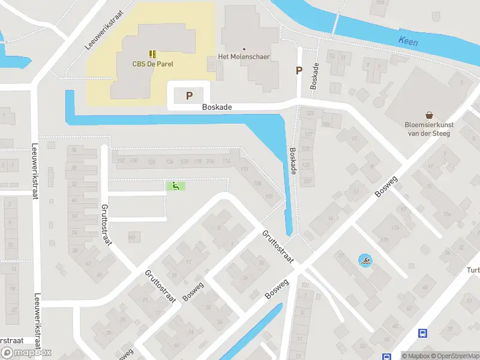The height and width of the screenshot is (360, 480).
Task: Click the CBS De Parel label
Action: point(152,64)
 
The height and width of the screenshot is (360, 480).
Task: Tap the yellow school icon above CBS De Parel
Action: point(152,53)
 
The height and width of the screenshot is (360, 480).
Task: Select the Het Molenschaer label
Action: point(244,57)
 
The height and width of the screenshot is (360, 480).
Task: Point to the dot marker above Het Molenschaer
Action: point(244,49)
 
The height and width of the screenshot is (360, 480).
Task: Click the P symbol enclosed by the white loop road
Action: point(190,95)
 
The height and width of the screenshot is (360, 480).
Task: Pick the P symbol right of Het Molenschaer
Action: point(299,71)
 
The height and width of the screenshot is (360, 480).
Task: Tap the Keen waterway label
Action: point(408,42)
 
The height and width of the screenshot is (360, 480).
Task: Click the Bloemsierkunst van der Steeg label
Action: point(429,129)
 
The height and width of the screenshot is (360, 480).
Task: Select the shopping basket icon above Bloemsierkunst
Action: point(430,115)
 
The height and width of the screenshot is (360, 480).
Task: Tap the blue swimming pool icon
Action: point(365,261)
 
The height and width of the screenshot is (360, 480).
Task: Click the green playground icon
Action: point(175,187)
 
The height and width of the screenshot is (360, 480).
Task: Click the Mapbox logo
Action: point(26,352)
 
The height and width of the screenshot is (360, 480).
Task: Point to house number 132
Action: point(121,161)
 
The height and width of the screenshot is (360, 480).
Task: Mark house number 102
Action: point(269,196)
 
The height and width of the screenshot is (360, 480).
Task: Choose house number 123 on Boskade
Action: point(310,113)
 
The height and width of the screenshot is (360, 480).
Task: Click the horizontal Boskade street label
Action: point(217,107)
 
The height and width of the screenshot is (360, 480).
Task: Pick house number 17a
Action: point(395,227)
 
